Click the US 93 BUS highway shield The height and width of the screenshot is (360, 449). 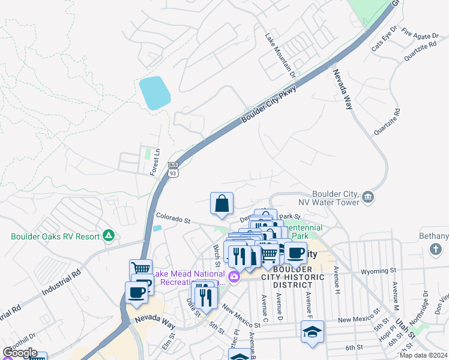173,169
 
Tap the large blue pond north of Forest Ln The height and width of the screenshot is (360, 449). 154,93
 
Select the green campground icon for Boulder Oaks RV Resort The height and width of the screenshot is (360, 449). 109,236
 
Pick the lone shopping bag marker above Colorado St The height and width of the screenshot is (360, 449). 221,203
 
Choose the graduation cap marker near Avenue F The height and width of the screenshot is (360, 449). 312,333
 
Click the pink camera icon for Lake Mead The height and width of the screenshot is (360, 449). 235,276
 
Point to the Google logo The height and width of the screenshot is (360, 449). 20,353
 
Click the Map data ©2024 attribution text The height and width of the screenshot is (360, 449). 424,355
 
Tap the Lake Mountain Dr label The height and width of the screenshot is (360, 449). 280,56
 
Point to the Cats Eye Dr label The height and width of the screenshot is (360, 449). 385,38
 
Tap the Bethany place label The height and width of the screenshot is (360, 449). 434,236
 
